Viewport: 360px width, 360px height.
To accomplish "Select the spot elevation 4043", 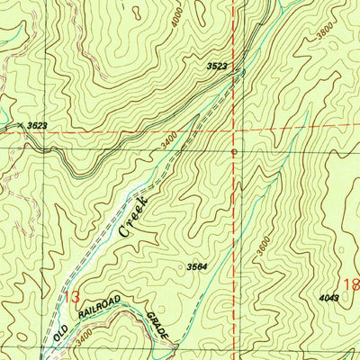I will click(329, 297).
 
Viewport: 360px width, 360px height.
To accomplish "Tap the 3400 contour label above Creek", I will click(168, 141).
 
